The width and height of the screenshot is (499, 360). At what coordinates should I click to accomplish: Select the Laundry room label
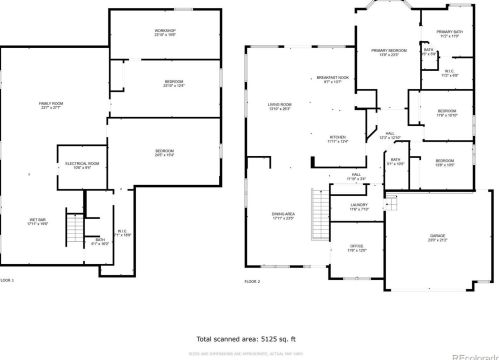click(x=358, y=208)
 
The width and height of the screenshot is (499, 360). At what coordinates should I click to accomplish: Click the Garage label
click(x=438, y=239)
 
